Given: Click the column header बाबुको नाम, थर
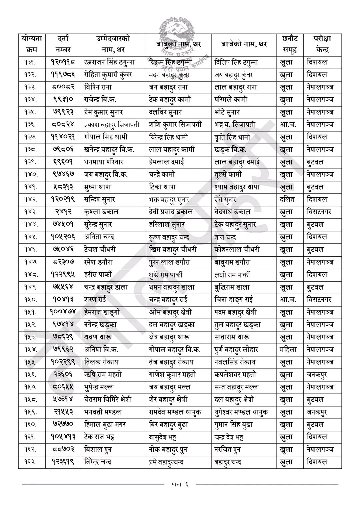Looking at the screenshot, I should pos(179,44).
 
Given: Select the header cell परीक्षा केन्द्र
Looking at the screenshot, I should pos(322,44).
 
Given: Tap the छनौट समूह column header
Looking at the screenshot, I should pos(289,44).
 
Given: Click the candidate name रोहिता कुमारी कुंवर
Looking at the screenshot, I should pos(108,75).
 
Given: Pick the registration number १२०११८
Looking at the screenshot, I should pos(63,62).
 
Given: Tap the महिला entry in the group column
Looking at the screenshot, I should pos(288,350).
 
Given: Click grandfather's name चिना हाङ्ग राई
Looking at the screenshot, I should pos(236,300).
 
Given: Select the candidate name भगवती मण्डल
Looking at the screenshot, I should pos(103,412).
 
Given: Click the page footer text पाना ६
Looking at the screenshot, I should pos(180,484).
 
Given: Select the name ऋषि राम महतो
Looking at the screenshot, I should pos(103,375).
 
